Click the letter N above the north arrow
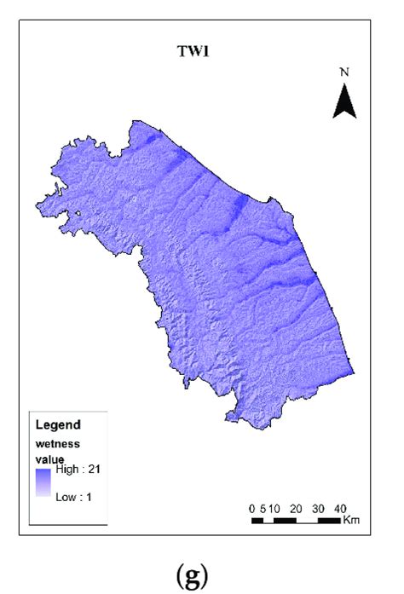(x=344, y=72)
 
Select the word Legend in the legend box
(x=59, y=424)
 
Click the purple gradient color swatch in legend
(x=43, y=483)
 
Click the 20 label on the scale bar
(x=296, y=509)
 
